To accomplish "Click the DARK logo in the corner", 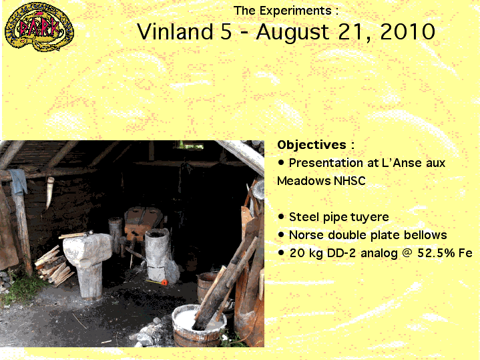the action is [x=39, y=27].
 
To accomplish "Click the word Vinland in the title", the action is [x=175, y=31].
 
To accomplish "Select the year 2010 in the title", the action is [x=407, y=31].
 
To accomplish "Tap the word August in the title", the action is [x=292, y=33].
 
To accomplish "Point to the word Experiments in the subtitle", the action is [x=296, y=11].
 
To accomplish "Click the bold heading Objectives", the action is [x=312, y=145].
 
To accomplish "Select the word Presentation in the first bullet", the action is [x=332, y=163].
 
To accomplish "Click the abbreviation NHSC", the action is [x=349, y=181].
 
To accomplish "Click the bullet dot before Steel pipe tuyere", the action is [x=281, y=217].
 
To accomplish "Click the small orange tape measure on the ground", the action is [x=164, y=282].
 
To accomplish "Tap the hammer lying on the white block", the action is [x=76, y=234].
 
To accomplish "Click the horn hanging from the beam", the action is [x=50, y=192].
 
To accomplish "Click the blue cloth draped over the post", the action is [x=19, y=182].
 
